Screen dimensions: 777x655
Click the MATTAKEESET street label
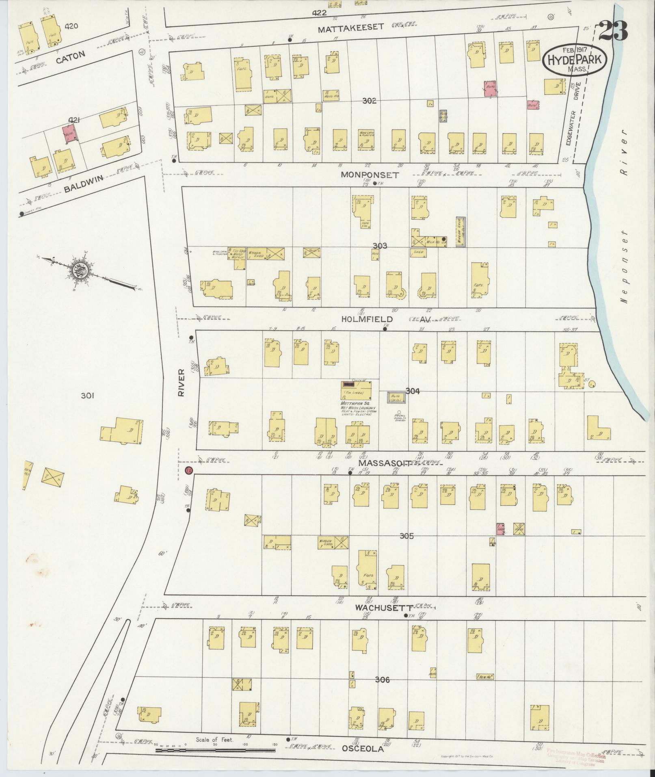point(350,28)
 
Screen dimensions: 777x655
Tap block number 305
point(406,536)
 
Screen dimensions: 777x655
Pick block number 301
point(87,395)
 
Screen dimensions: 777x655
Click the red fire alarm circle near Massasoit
point(188,471)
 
